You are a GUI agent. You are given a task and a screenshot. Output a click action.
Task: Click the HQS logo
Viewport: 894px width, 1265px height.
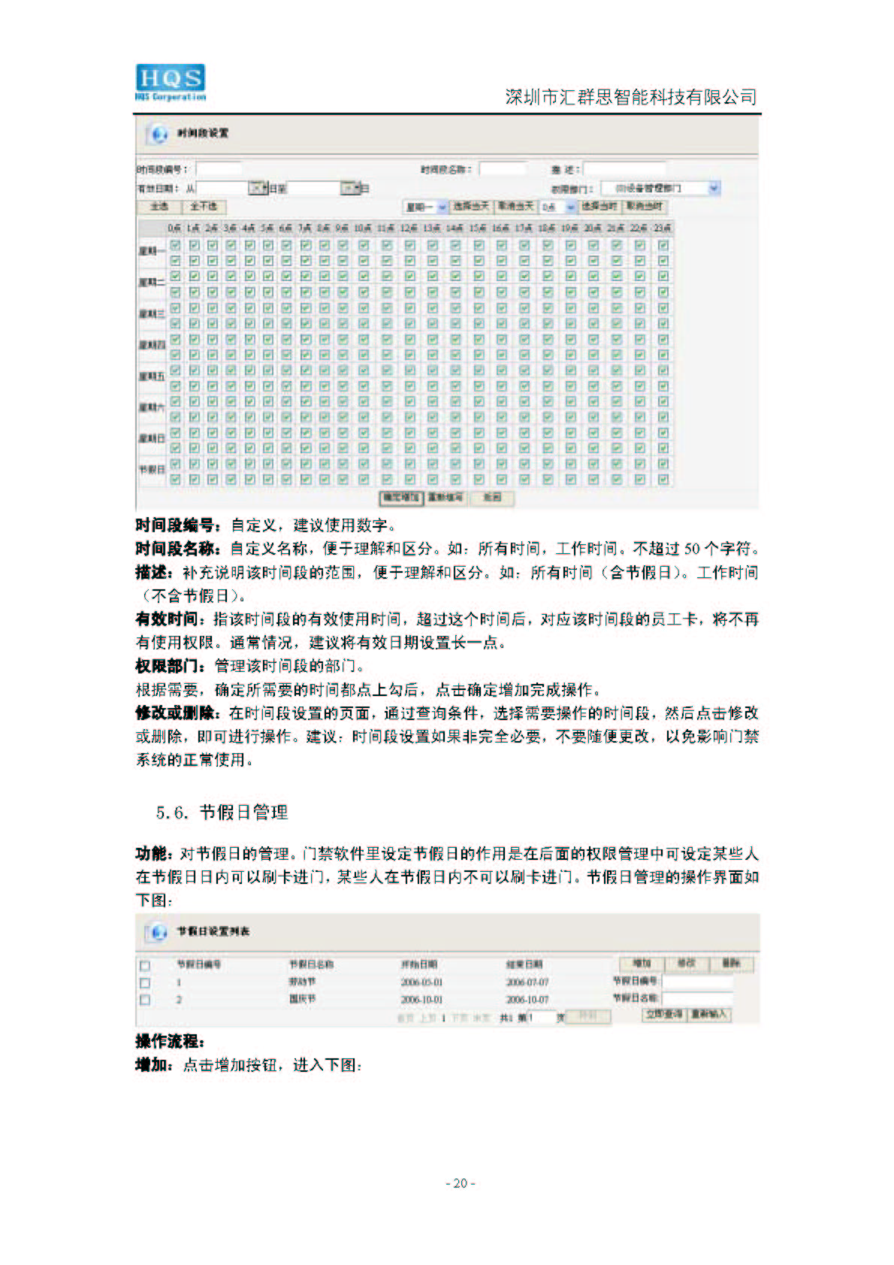(x=170, y=82)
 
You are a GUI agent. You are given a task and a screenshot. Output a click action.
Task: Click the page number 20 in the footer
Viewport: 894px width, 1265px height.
(x=461, y=1182)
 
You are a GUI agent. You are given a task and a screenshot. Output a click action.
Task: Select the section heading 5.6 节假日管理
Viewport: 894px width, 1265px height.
(x=222, y=812)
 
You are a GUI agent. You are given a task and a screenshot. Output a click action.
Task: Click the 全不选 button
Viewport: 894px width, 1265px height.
(x=203, y=207)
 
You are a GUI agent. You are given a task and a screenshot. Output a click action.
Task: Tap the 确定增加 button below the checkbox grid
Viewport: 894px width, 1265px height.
(x=400, y=498)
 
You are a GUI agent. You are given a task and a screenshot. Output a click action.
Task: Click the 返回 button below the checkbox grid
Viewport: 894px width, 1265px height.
(x=491, y=498)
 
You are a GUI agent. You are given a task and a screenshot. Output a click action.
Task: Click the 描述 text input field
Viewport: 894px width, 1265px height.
(x=624, y=169)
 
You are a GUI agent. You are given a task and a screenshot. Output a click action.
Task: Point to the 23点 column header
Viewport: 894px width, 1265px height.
(x=663, y=228)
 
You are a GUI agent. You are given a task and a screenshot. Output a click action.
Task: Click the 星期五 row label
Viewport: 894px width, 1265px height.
(x=152, y=376)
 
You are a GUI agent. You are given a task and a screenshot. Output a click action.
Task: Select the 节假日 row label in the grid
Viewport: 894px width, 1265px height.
(x=151, y=469)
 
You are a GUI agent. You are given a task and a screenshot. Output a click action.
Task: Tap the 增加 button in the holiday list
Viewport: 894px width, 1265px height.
(x=642, y=964)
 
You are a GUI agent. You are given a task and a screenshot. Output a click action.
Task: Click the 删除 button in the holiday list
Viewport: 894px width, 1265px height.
(x=731, y=964)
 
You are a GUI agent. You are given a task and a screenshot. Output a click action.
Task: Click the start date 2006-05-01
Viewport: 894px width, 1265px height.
(x=421, y=982)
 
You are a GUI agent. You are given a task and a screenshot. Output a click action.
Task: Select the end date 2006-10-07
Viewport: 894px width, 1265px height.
(x=527, y=1000)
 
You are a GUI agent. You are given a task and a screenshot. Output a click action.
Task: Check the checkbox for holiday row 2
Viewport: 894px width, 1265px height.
(x=145, y=1000)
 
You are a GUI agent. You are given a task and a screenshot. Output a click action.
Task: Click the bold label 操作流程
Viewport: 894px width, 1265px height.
(x=170, y=1042)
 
